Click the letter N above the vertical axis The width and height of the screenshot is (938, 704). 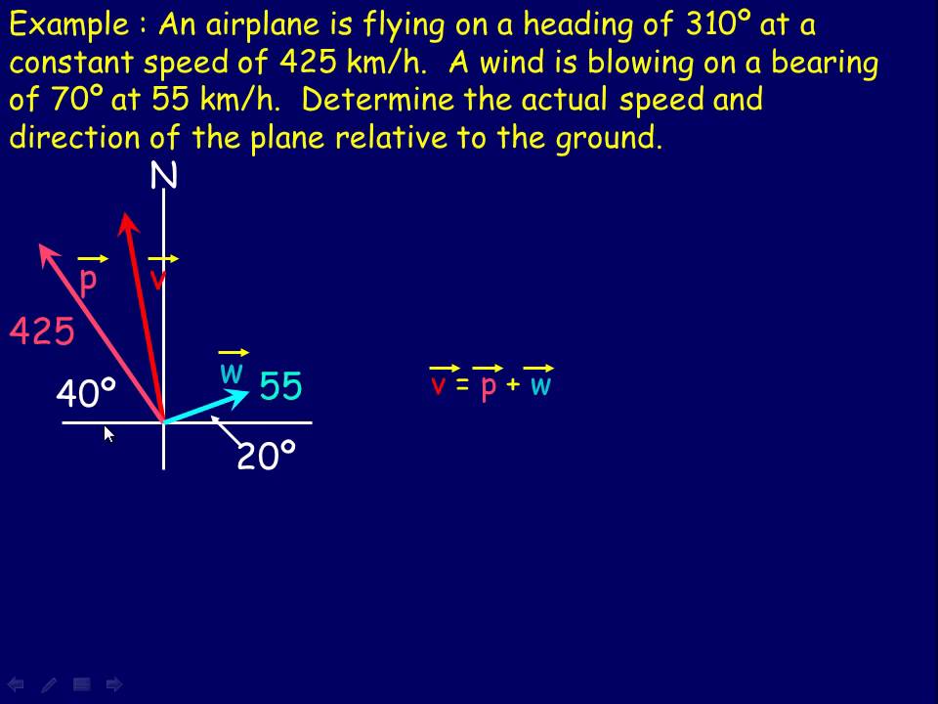(164, 177)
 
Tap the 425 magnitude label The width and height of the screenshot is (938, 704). (42, 332)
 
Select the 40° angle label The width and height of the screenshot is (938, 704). (86, 395)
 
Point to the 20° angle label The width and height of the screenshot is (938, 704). (266, 456)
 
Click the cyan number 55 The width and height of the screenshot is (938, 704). (281, 387)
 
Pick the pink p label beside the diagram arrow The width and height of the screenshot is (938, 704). (88, 281)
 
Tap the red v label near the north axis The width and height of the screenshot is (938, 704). (157, 281)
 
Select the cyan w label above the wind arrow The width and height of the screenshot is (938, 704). (232, 374)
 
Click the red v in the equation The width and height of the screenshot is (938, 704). (439, 385)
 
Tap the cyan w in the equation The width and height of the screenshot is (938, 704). (540, 385)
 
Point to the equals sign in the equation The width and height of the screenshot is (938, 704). (463, 385)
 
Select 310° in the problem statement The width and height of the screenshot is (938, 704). (708, 24)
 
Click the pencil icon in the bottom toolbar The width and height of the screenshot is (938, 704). (49, 684)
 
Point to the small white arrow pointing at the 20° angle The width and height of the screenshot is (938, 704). (227, 431)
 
